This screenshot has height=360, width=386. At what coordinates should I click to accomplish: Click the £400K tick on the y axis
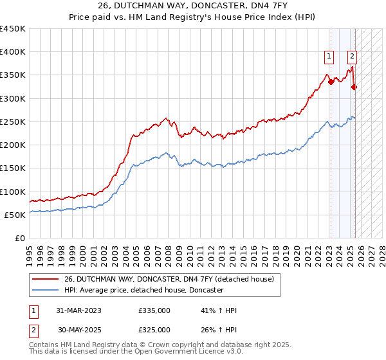[x=13, y=52]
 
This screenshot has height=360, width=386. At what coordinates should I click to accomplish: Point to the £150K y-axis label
[x=13, y=168]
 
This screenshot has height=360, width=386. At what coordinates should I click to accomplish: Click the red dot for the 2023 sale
[x=331, y=82]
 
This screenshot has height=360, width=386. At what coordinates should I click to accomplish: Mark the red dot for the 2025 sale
[x=354, y=87]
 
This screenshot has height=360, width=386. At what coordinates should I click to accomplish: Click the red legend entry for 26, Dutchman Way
[x=169, y=279]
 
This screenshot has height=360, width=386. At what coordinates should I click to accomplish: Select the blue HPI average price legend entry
[x=143, y=291]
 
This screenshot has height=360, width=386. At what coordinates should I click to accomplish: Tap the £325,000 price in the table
[x=154, y=330]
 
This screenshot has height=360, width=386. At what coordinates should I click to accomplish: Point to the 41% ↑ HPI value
[x=219, y=311]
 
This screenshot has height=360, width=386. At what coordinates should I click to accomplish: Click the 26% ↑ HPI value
[x=219, y=330]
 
